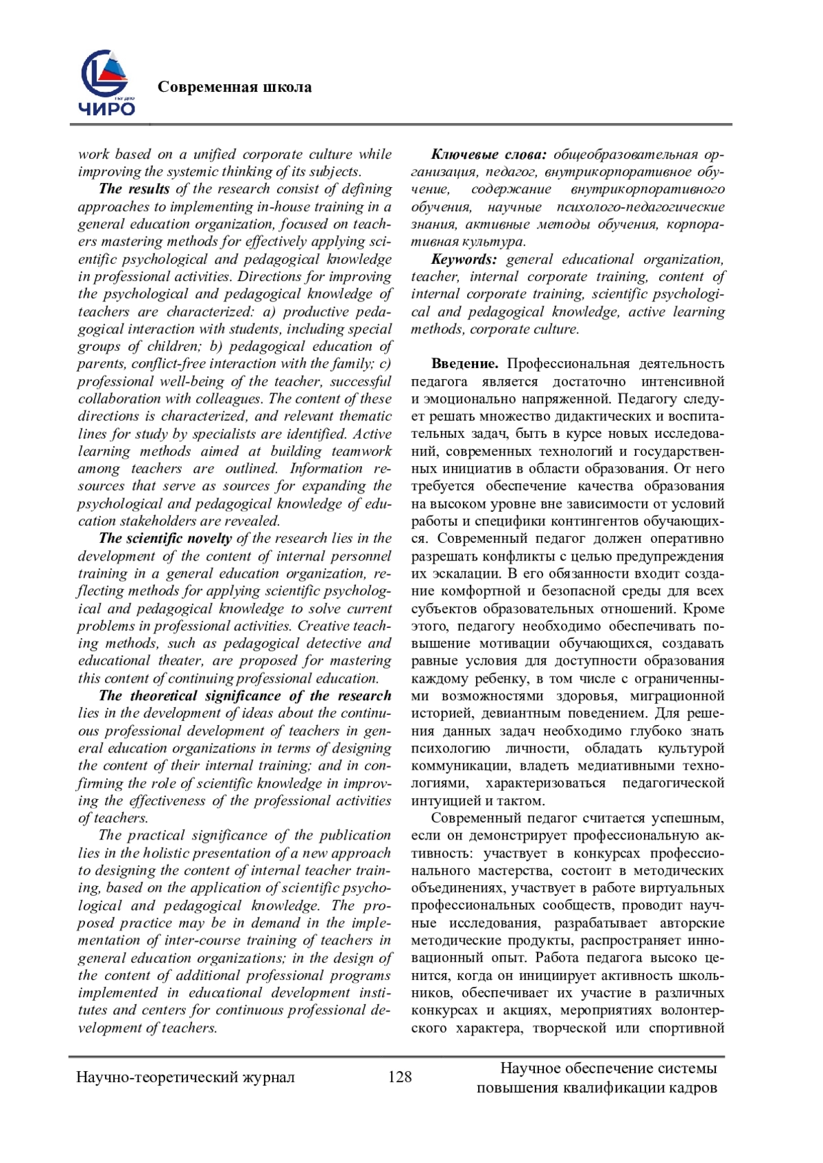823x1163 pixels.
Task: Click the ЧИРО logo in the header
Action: coord(107,84)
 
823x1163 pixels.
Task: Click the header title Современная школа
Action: coord(235,87)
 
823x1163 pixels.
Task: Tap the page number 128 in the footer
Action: coord(400,1077)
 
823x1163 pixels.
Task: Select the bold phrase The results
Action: coord(134,189)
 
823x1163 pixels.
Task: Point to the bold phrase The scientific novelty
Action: coord(165,539)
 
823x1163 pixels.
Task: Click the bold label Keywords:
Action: coord(464,259)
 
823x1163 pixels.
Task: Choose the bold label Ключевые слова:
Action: coord(488,154)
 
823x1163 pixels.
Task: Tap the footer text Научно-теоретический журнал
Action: coord(185,1077)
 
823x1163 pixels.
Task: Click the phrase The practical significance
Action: coord(183,835)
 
